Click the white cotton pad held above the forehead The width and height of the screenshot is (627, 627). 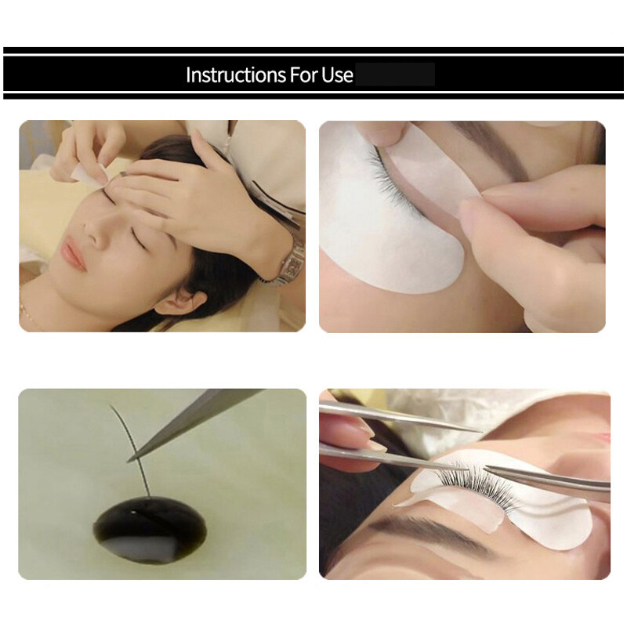[85, 169]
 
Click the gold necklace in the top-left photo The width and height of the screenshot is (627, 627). [25, 313]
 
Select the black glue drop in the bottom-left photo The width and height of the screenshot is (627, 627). [150, 529]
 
